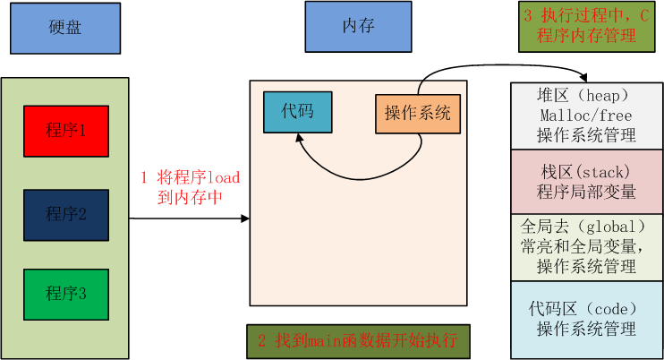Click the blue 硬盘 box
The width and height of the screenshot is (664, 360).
[x=64, y=27]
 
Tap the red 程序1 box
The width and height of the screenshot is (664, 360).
[x=66, y=132]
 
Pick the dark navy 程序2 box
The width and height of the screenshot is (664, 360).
[x=66, y=214]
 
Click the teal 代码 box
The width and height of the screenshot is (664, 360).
[x=297, y=112]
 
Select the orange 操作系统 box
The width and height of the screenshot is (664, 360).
[x=418, y=113]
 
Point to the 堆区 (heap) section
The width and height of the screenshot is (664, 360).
[x=586, y=116]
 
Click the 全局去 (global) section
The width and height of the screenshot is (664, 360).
[x=586, y=246]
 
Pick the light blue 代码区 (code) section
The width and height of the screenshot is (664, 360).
[x=586, y=320]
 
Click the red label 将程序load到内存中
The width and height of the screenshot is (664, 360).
[x=189, y=187]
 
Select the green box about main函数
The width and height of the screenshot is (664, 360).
[x=357, y=340]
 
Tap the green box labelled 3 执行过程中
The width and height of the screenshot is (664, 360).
[x=586, y=27]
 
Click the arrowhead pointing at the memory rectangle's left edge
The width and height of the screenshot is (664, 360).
[x=244, y=218]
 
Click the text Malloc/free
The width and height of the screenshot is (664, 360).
[x=586, y=116]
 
